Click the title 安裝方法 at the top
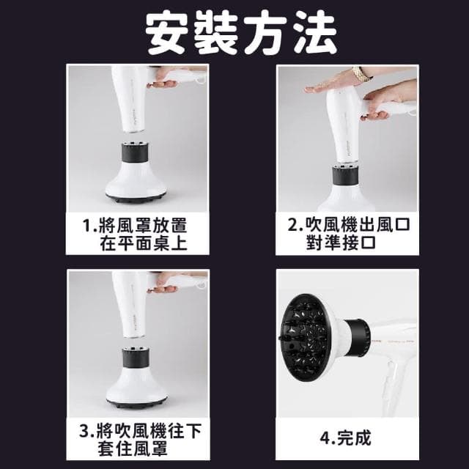tap(241, 34)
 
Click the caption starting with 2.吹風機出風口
tap(347, 233)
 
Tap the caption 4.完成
tap(347, 438)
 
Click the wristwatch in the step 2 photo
tap(361, 73)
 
